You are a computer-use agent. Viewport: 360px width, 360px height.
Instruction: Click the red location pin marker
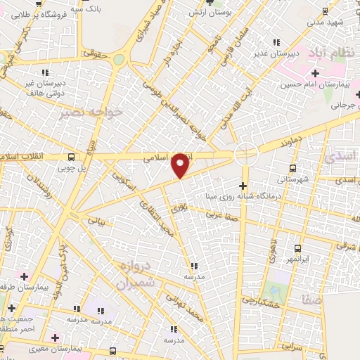click(181, 165)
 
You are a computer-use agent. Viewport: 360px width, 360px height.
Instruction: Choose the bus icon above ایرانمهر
click(297, 248)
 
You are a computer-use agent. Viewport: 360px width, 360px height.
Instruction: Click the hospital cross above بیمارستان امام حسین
click(315, 73)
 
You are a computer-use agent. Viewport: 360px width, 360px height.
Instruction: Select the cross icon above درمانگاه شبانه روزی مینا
click(243, 186)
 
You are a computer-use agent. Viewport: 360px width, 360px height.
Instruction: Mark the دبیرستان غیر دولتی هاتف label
click(45, 86)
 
